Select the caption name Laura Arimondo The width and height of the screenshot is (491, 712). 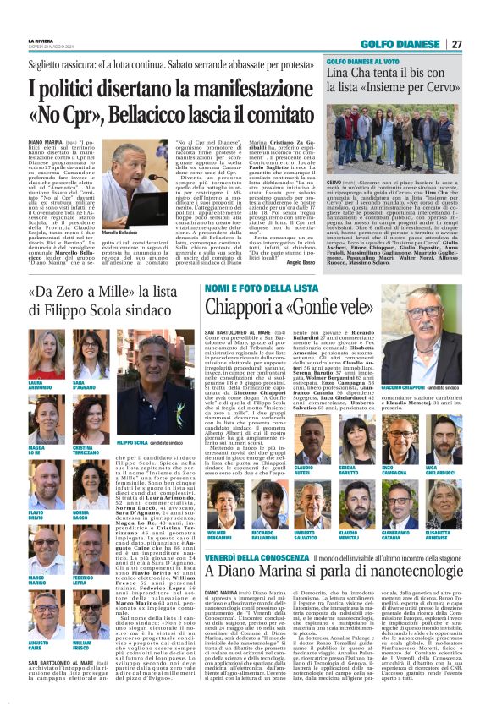click(x=38, y=385)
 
